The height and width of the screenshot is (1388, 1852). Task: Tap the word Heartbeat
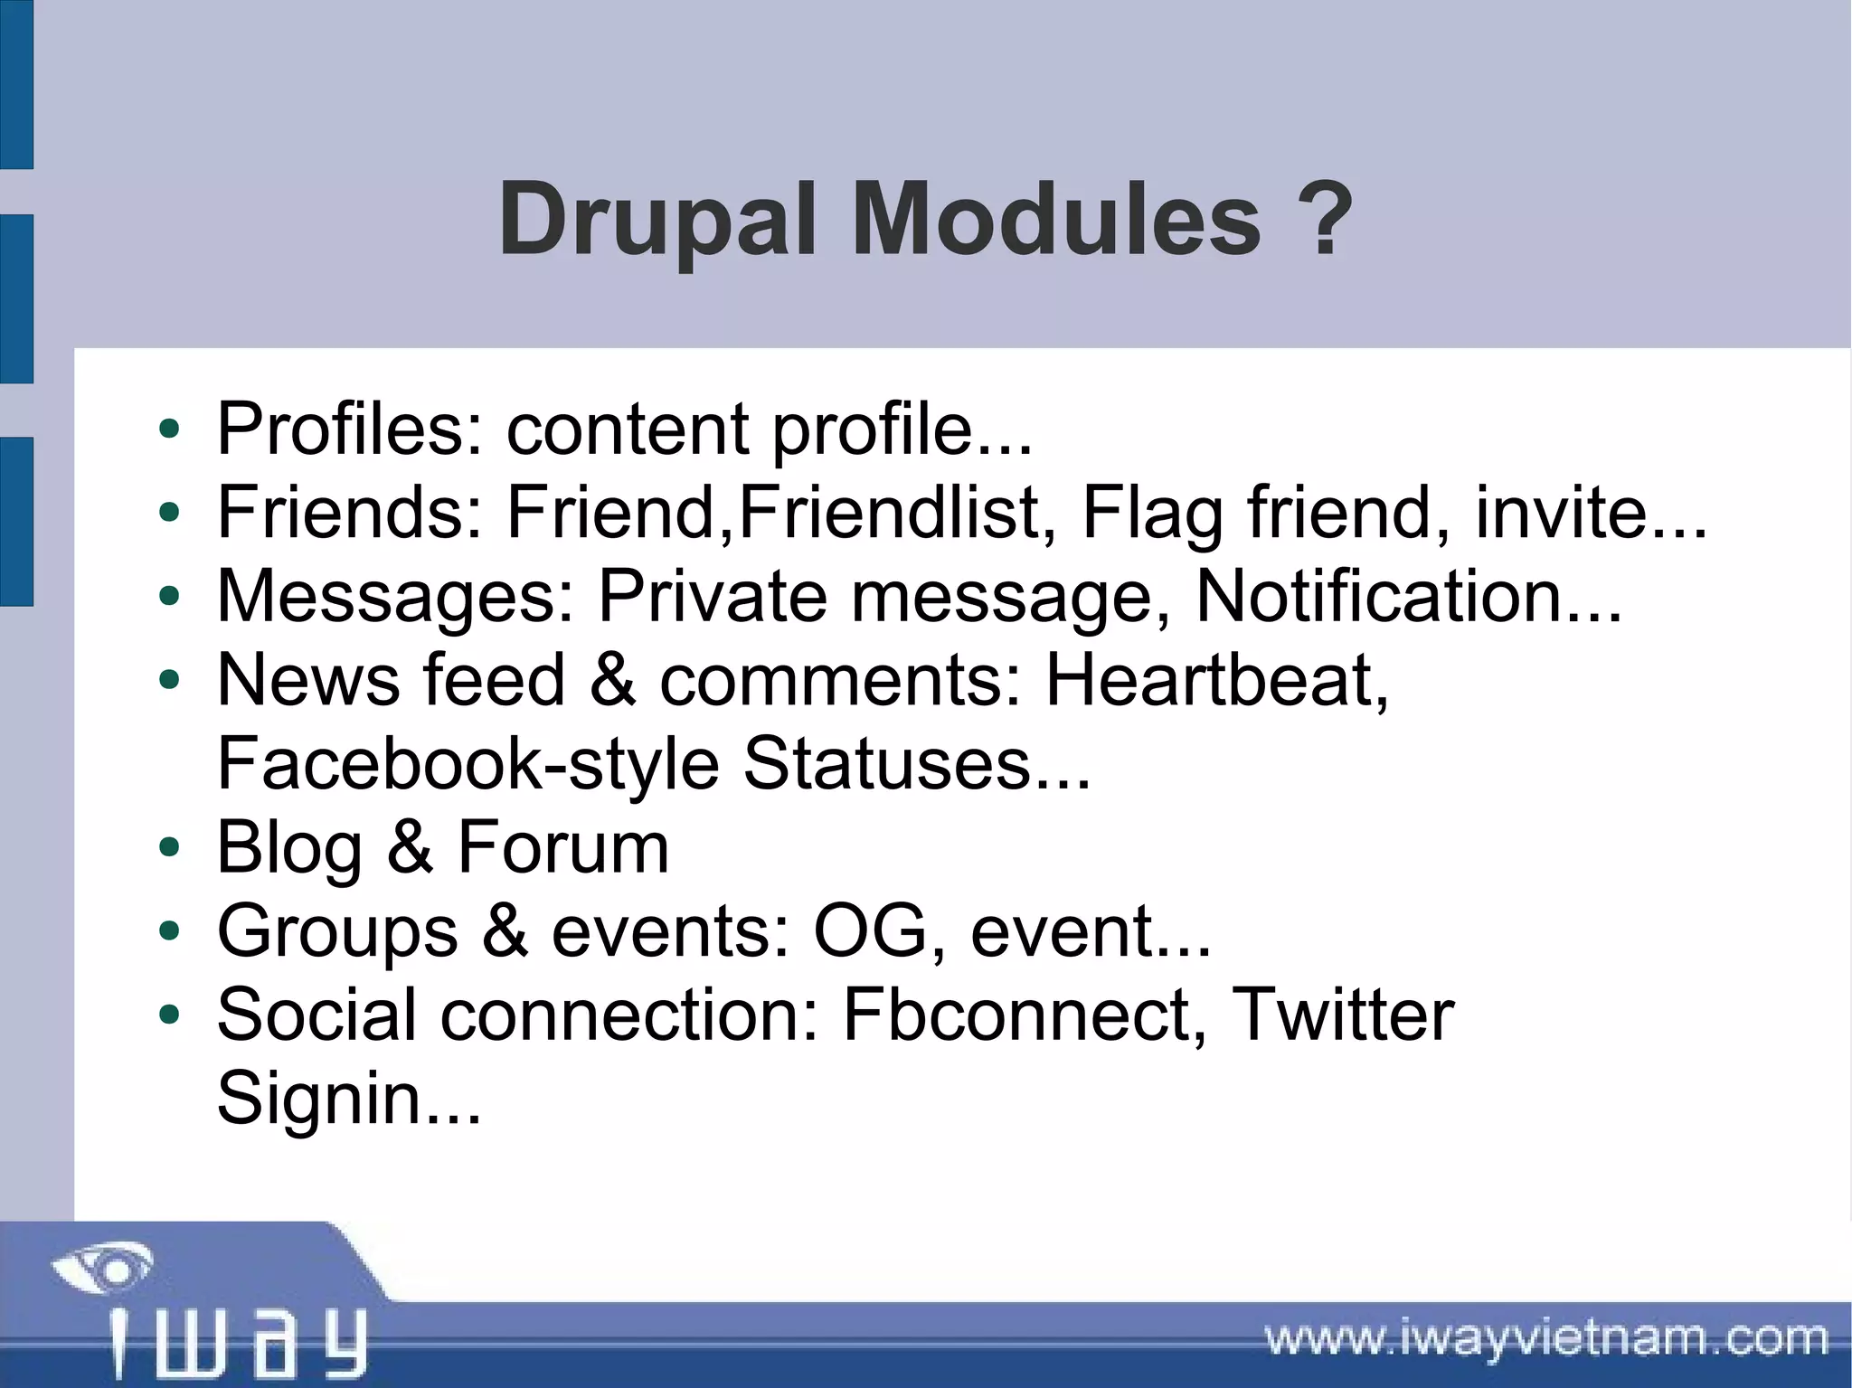[1216, 680]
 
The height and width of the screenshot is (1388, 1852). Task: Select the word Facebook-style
[468, 764]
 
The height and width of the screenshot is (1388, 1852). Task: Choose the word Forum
[562, 848]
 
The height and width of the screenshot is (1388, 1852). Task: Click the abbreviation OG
[870, 931]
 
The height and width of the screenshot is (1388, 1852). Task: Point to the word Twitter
[1343, 1015]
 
